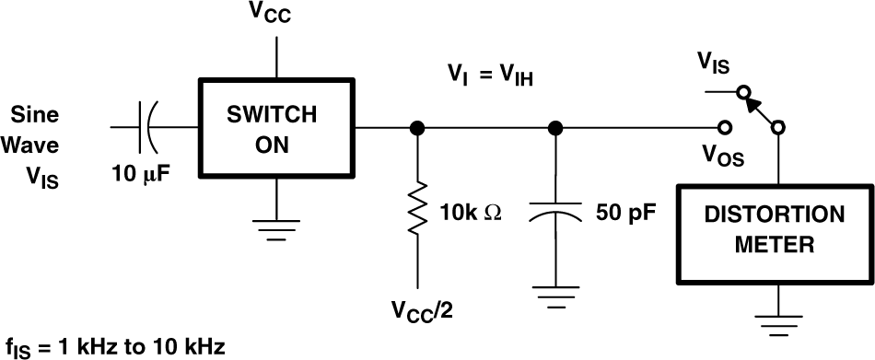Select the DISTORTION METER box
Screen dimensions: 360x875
pyautogui.click(x=774, y=231)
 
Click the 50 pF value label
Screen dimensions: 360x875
pyautogui.click(x=626, y=214)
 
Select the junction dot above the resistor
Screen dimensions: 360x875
pyautogui.click(x=417, y=128)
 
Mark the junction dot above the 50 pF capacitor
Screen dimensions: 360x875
pyautogui.click(x=554, y=128)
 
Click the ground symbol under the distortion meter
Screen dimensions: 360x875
pyautogui.click(x=779, y=321)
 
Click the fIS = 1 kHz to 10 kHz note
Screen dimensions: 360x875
pyautogui.click(x=114, y=347)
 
